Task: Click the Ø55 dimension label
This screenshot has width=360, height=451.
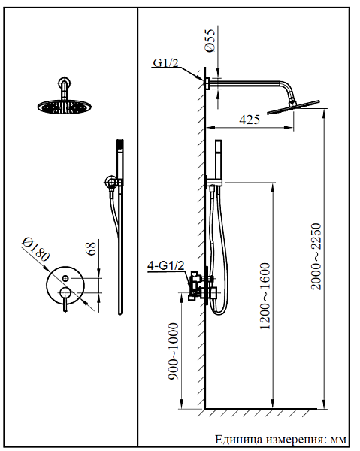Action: [x=210, y=41]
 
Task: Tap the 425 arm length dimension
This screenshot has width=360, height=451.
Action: [x=250, y=120]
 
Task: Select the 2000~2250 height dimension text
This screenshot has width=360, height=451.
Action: [x=316, y=256]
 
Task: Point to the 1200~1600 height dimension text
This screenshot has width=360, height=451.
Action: [x=265, y=296]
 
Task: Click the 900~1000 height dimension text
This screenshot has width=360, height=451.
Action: [x=174, y=351]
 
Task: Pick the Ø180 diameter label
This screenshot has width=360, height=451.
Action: [x=36, y=249]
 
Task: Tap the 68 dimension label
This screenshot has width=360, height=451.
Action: [x=91, y=248]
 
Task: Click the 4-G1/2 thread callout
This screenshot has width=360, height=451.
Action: [x=166, y=265]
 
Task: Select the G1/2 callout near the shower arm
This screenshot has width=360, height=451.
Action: [x=165, y=62]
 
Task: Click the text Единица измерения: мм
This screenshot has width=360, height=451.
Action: [x=280, y=440]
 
